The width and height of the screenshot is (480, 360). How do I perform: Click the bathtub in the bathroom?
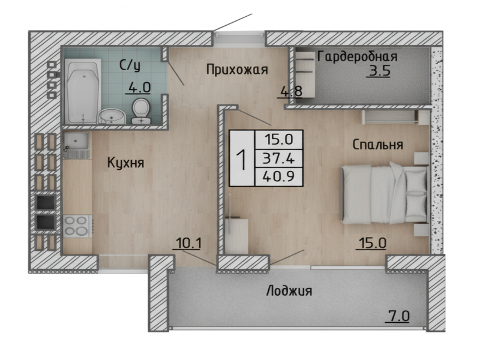point(83,91)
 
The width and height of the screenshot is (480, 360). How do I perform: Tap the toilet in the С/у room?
point(141,112)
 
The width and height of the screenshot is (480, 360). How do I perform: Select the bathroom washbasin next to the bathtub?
point(111,116)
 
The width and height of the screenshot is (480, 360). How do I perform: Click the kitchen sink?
point(76,145)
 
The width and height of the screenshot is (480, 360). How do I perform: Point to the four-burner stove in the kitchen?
point(77,226)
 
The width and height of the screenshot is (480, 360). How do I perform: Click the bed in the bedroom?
point(385,194)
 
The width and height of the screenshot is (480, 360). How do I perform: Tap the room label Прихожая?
point(237,70)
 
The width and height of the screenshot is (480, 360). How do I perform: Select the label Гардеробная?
point(357,56)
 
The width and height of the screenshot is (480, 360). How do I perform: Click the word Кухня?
point(125,163)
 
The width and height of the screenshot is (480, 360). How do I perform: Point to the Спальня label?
point(377,145)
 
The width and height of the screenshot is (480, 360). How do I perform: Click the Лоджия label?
point(289,290)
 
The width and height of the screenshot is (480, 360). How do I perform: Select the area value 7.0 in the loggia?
point(397,316)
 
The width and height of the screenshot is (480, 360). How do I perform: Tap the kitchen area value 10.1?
point(188,244)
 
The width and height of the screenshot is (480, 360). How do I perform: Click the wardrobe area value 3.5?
point(379,71)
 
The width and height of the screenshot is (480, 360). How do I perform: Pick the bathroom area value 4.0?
point(139,88)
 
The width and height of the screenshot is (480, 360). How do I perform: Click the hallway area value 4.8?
point(291,92)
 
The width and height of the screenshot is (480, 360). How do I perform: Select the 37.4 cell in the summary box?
point(278,158)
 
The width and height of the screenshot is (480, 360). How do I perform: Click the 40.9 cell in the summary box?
point(278,176)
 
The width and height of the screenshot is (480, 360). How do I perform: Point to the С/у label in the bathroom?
point(130,65)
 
